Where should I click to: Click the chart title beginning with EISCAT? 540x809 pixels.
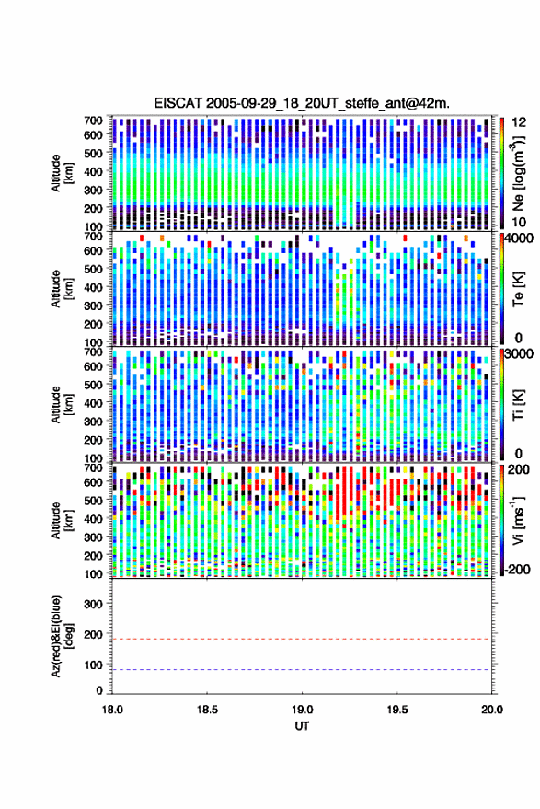302,103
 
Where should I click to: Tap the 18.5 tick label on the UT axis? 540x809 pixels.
207,710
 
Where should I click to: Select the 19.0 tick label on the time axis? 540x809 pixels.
302,710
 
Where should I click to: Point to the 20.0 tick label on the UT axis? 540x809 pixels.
491,710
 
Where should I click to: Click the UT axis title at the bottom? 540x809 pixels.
302,726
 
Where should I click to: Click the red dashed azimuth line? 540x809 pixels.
302,639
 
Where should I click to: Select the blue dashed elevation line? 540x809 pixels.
302,670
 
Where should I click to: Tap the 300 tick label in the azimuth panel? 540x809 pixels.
93,604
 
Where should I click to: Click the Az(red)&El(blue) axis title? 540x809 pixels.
62,637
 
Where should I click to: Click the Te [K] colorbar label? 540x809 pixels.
518,289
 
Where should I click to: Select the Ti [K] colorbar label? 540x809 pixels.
518,405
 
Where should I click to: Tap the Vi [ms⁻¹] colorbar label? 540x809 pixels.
518,521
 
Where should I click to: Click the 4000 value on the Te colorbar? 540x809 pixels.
520,238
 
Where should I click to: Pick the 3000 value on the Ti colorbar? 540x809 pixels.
520,354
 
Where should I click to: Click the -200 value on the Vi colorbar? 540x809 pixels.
516,570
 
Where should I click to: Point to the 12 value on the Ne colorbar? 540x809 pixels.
520,122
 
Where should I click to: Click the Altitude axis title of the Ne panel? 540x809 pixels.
62,173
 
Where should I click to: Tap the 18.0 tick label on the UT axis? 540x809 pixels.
112,710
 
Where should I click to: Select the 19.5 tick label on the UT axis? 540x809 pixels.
396,710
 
